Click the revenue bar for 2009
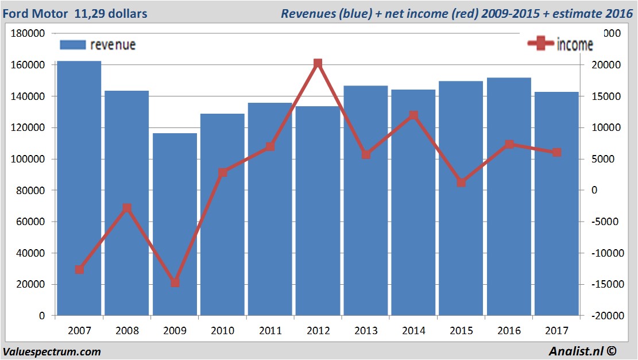click(x=175, y=224)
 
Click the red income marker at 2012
click(x=318, y=64)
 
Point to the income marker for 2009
click(x=175, y=282)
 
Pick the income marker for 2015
click(x=461, y=183)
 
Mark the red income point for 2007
click(x=79, y=269)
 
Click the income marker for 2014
click(x=413, y=115)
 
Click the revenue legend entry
click(x=98, y=45)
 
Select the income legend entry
click(x=560, y=44)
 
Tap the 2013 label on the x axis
click(x=366, y=331)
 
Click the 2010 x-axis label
click(x=223, y=331)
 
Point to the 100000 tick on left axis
click(x=28, y=159)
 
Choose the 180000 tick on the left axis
click(x=28, y=34)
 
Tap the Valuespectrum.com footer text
click(x=52, y=351)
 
